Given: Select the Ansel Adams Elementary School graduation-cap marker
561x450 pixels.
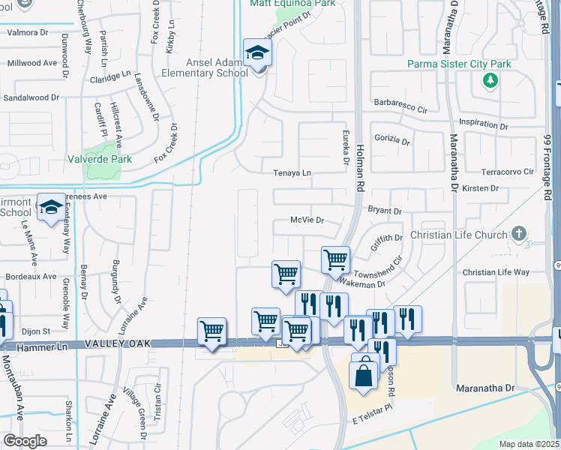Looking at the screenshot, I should (x=257, y=54).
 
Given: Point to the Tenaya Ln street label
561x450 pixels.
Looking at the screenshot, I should (x=292, y=172).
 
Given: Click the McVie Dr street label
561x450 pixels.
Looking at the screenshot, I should (x=307, y=220).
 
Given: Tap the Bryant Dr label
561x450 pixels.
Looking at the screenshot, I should (x=385, y=212).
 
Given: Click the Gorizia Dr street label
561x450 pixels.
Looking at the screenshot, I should (x=394, y=141).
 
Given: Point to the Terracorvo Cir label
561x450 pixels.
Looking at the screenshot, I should (x=503, y=172).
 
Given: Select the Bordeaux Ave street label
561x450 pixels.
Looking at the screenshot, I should (x=28, y=276).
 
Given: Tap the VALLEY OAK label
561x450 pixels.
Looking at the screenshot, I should (x=119, y=343).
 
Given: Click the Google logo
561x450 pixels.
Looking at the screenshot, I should (x=25, y=440).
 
